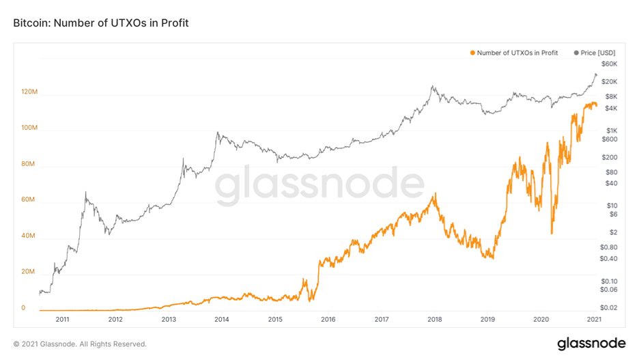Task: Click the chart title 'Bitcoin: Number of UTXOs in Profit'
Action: click(101, 23)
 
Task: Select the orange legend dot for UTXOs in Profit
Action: click(472, 53)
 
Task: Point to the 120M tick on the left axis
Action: click(29, 92)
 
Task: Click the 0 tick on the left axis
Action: click(23, 307)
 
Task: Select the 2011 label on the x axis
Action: click(62, 319)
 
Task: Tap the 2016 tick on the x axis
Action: click(328, 319)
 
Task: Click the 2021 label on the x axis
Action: click(593, 319)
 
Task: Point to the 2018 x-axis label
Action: click(434, 319)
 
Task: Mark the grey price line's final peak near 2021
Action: click(595, 74)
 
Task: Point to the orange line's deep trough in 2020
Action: click(552, 234)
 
